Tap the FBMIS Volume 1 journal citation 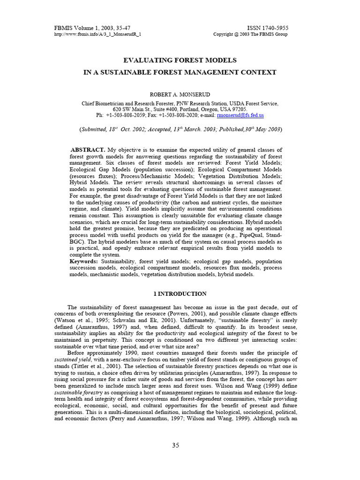coord(92,28)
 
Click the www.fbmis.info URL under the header coord(97,35)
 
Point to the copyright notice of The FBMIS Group coord(250,35)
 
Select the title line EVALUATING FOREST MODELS coord(180,60)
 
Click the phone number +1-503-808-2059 coord(127,115)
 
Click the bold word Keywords coord(84,261)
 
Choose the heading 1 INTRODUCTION coord(180,294)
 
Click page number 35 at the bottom coord(175,446)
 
